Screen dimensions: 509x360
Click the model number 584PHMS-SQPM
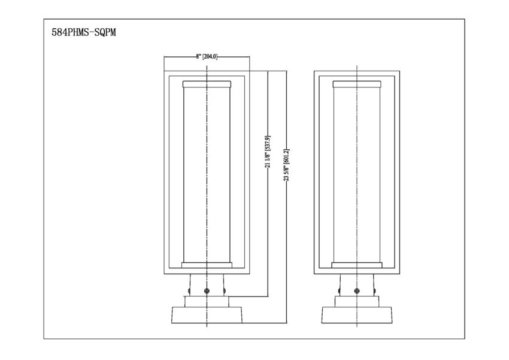tap(84, 32)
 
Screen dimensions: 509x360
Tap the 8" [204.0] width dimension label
tap(207, 57)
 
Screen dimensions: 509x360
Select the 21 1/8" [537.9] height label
tap(268, 152)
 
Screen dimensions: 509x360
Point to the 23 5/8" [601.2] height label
tap(286, 165)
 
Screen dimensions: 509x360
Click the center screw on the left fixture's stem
tap(207, 291)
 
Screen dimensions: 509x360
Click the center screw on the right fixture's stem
tap(357, 291)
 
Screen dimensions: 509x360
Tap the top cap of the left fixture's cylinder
tap(207, 84)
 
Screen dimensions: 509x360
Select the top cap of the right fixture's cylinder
tap(357, 84)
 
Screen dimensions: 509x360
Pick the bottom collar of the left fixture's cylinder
tap(207, 265)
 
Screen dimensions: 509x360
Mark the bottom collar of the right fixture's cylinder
tap(357, 265)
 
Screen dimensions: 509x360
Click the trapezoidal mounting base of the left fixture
tap(207, 315)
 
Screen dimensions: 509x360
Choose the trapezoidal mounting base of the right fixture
tap(357, 315)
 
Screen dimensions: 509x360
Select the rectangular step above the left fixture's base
tap(207, 301)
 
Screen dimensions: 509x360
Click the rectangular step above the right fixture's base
tap(357, 301)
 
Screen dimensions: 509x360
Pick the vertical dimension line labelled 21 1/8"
tap(268, 184)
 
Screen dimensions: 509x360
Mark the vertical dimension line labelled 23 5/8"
tap(286, 197)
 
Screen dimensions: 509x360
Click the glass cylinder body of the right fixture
tap(357, 175)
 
